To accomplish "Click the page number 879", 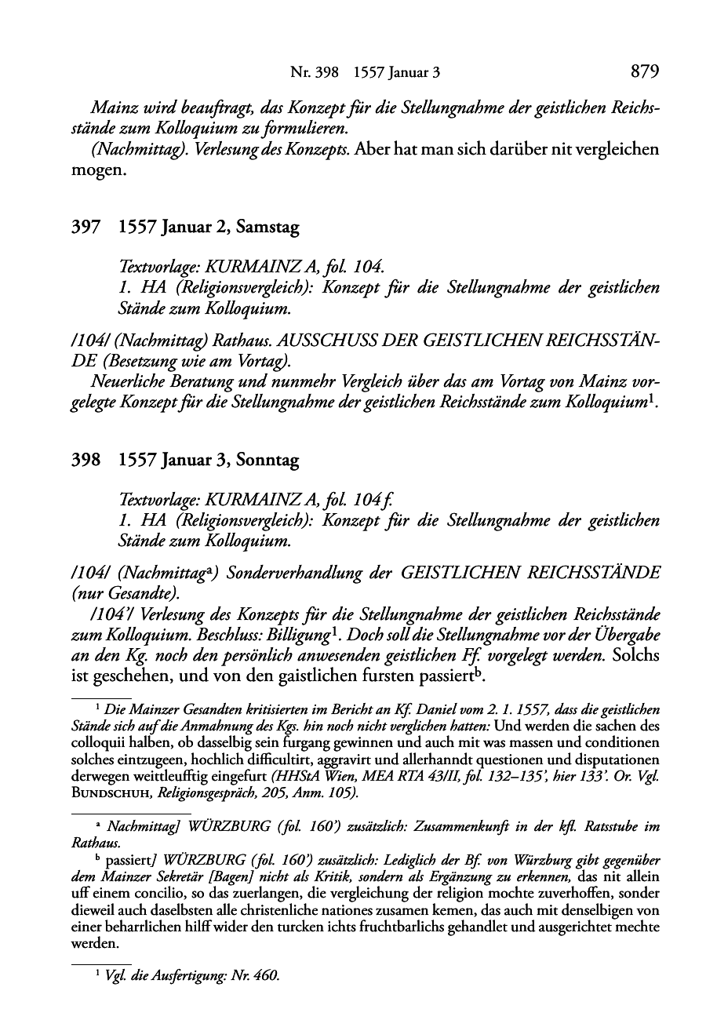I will coord(645,72).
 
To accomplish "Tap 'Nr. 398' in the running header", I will coord(314,73).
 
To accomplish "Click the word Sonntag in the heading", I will coord(269,460).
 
